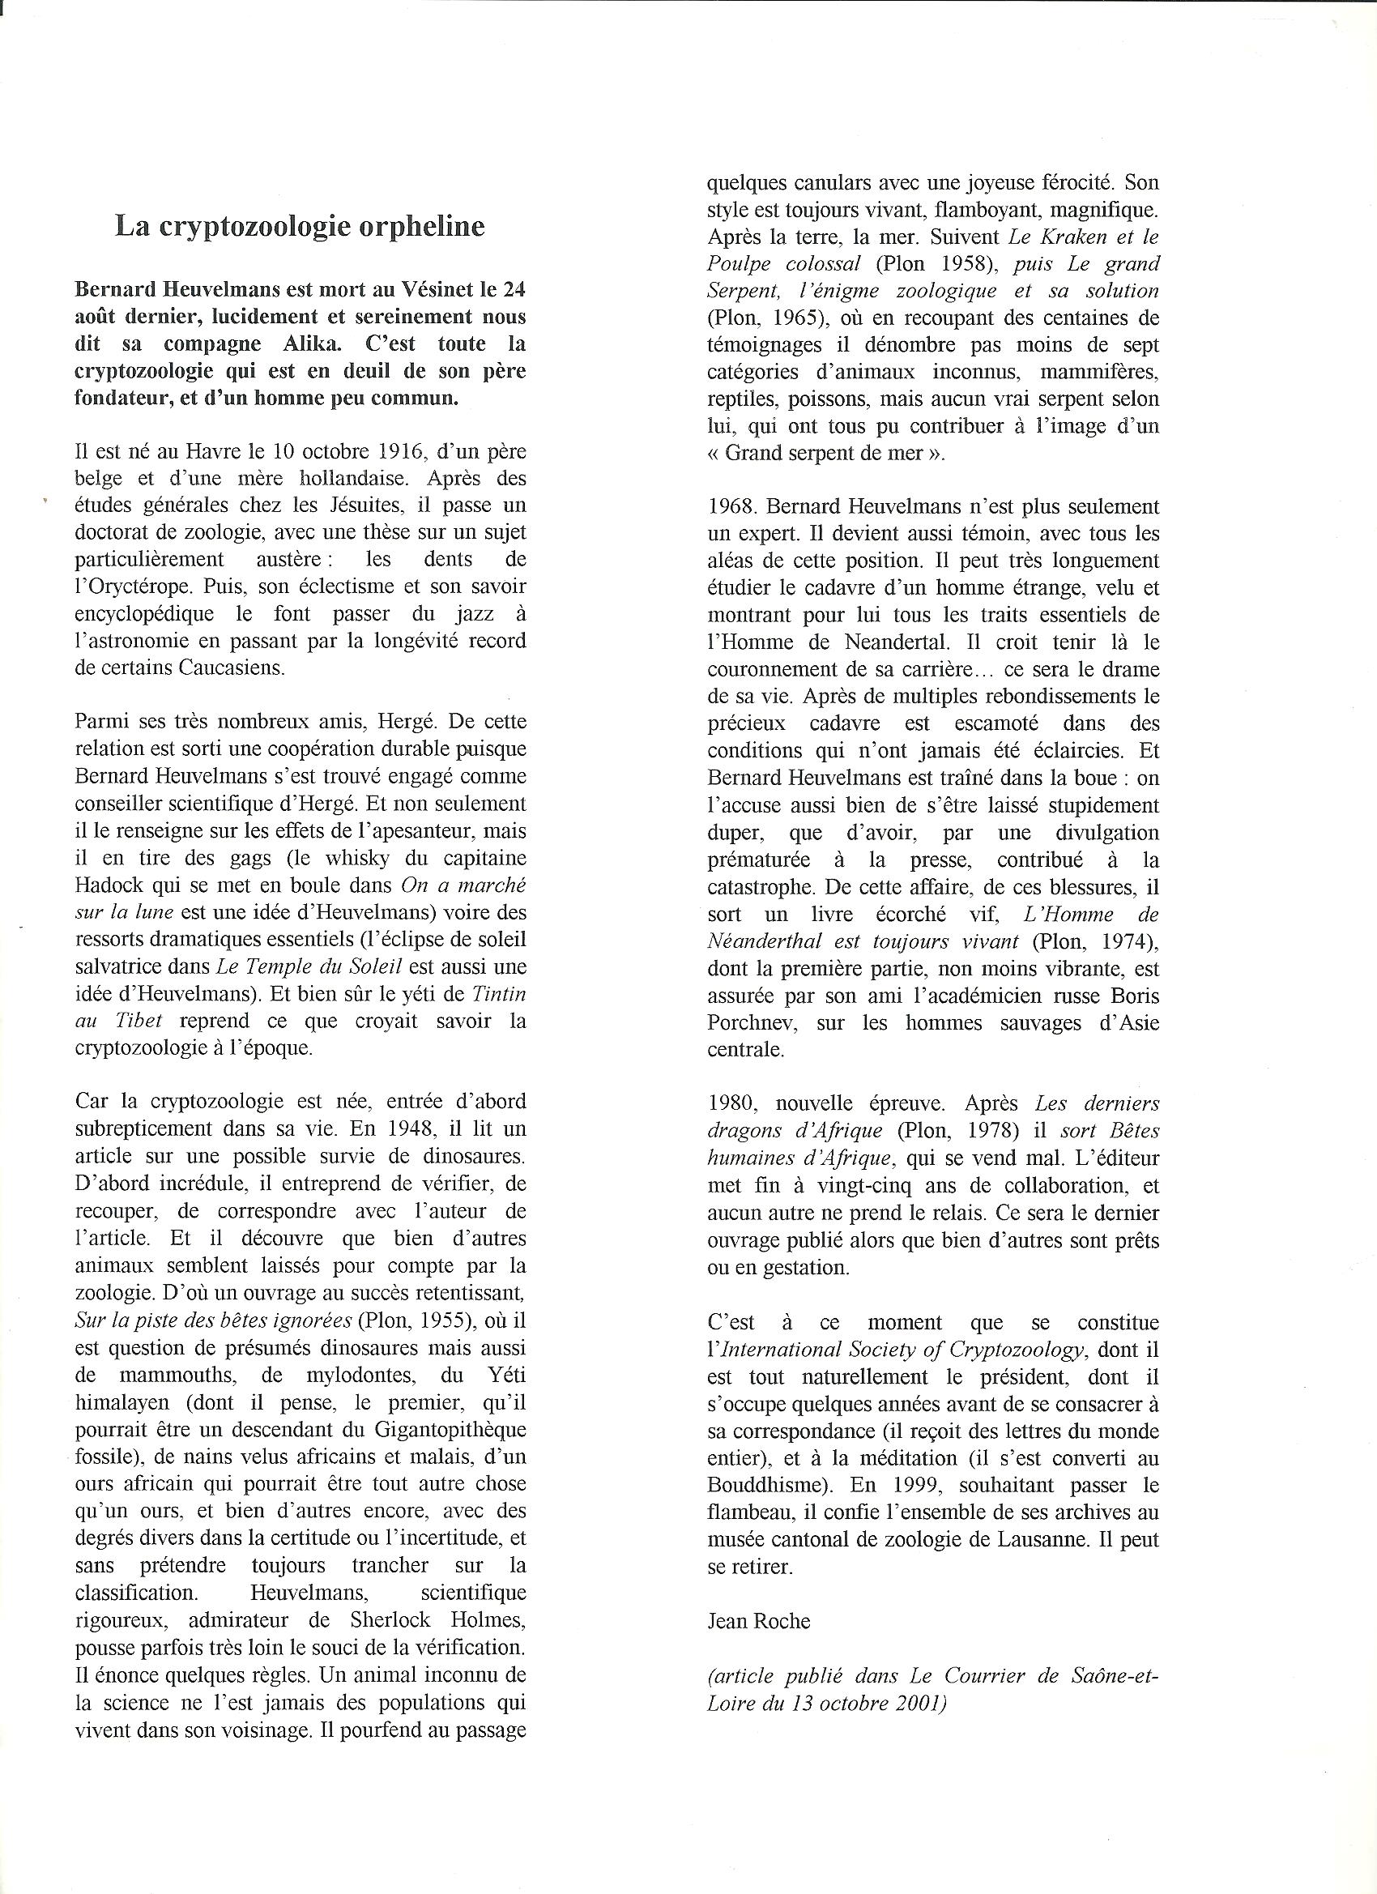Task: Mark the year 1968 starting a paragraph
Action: pyautogui.click(x=731, y=507)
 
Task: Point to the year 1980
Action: pyautogui.click(x=731, y=1104)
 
